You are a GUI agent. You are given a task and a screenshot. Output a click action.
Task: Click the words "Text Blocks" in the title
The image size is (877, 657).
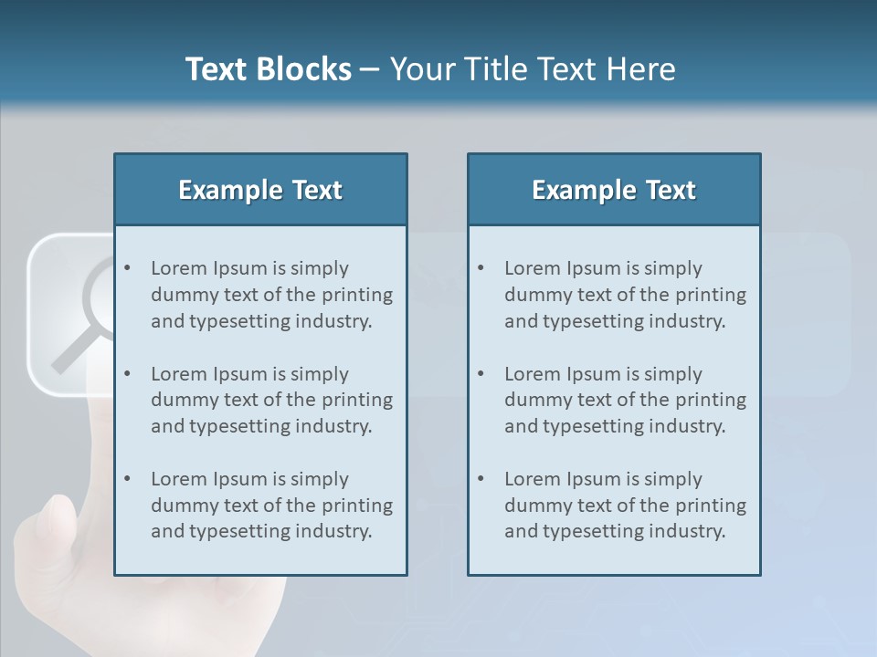tap(268, 69)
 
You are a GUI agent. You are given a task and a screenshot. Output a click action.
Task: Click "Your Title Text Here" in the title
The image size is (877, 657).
tap(533, 69)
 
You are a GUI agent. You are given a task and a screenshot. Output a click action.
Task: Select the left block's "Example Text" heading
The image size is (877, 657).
tap(260, 190)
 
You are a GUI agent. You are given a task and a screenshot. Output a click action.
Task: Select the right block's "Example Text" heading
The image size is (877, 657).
tap(614, 190)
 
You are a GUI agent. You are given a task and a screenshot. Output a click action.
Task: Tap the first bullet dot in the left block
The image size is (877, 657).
tap(128, 268)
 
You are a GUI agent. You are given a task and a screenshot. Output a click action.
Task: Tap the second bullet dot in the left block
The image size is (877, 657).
tap(128, 374)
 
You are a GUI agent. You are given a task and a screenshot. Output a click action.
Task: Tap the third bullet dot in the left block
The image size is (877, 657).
tap(128, 479)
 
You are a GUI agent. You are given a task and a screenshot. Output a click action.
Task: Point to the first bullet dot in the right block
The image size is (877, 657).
tap(481, 268)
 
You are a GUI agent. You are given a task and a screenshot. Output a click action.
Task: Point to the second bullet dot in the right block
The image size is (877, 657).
tap(481, 374)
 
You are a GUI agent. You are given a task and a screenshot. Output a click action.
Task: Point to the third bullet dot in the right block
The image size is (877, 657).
tap(481, 479)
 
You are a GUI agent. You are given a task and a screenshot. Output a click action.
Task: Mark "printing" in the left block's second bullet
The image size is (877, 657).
tap(357, 400)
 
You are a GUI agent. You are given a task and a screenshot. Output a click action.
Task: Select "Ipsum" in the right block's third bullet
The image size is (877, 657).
tap(594, 479)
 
